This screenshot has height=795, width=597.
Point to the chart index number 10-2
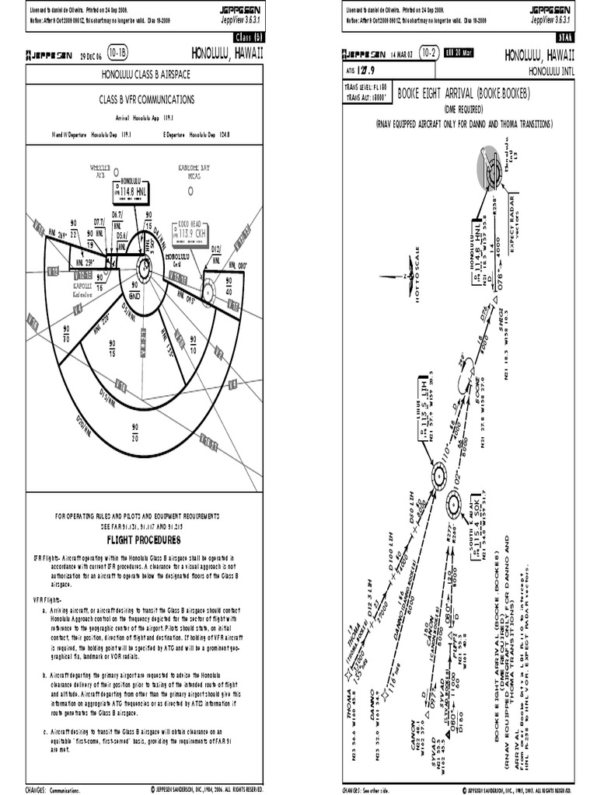428,54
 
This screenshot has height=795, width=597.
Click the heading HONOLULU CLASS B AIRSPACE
146,75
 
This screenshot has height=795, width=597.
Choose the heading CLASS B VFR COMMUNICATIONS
146,100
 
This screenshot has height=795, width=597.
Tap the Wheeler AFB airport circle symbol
114,171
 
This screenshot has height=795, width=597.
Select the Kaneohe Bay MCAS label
194,172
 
